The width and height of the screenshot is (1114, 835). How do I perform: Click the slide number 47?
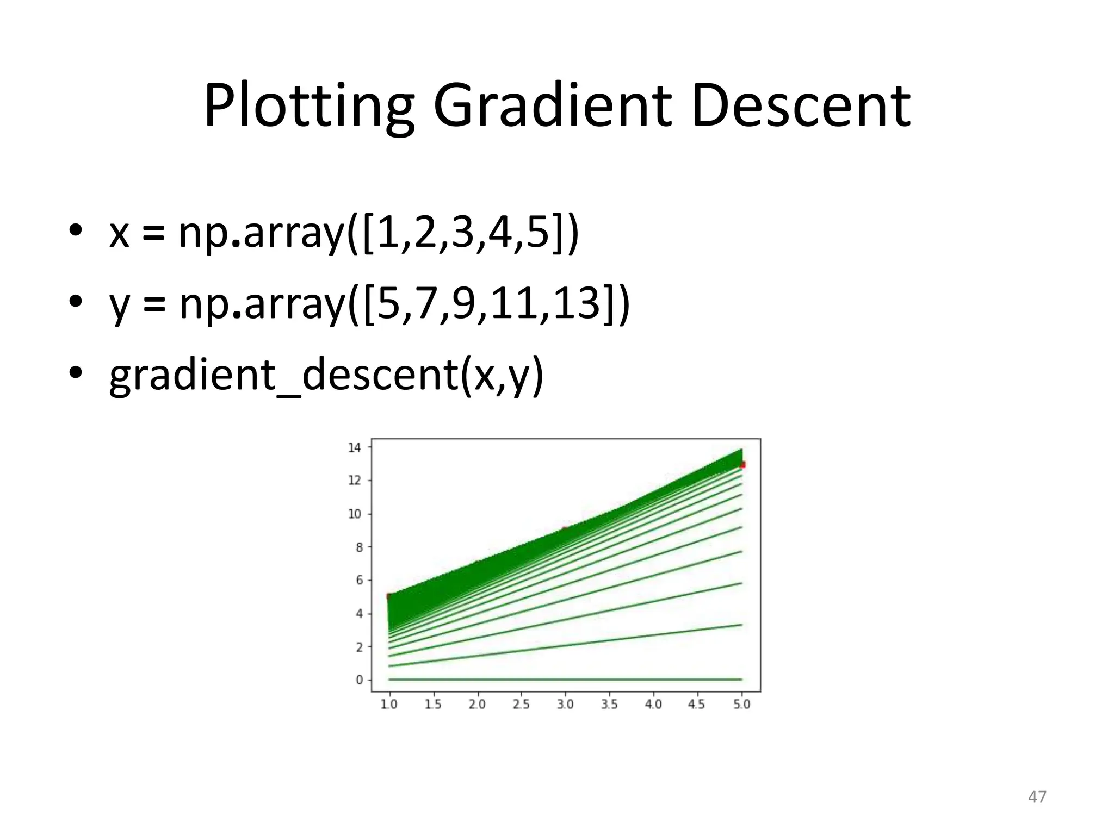[1037, 797]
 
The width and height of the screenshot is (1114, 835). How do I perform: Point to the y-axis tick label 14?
[355, 447]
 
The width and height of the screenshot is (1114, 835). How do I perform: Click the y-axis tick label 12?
[355, 481]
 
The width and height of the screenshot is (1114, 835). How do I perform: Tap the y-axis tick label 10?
[355, 514]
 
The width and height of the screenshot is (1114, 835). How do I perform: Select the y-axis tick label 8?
[359, 547]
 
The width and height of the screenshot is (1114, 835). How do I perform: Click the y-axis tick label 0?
[359, 680]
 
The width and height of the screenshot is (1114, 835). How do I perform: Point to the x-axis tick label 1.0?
[389, 705]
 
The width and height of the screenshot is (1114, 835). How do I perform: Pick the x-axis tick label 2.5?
[521, 705]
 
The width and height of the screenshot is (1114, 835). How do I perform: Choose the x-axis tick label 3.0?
[565, 705]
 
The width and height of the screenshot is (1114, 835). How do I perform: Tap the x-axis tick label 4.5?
[697, 705]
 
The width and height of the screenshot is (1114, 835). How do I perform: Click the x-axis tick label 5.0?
[741, 705]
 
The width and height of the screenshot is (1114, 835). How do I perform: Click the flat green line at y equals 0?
[565, 680]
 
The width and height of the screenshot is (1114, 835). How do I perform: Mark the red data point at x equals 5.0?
[743, 464]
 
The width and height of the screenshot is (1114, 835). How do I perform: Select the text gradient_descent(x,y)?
[326, 375]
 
